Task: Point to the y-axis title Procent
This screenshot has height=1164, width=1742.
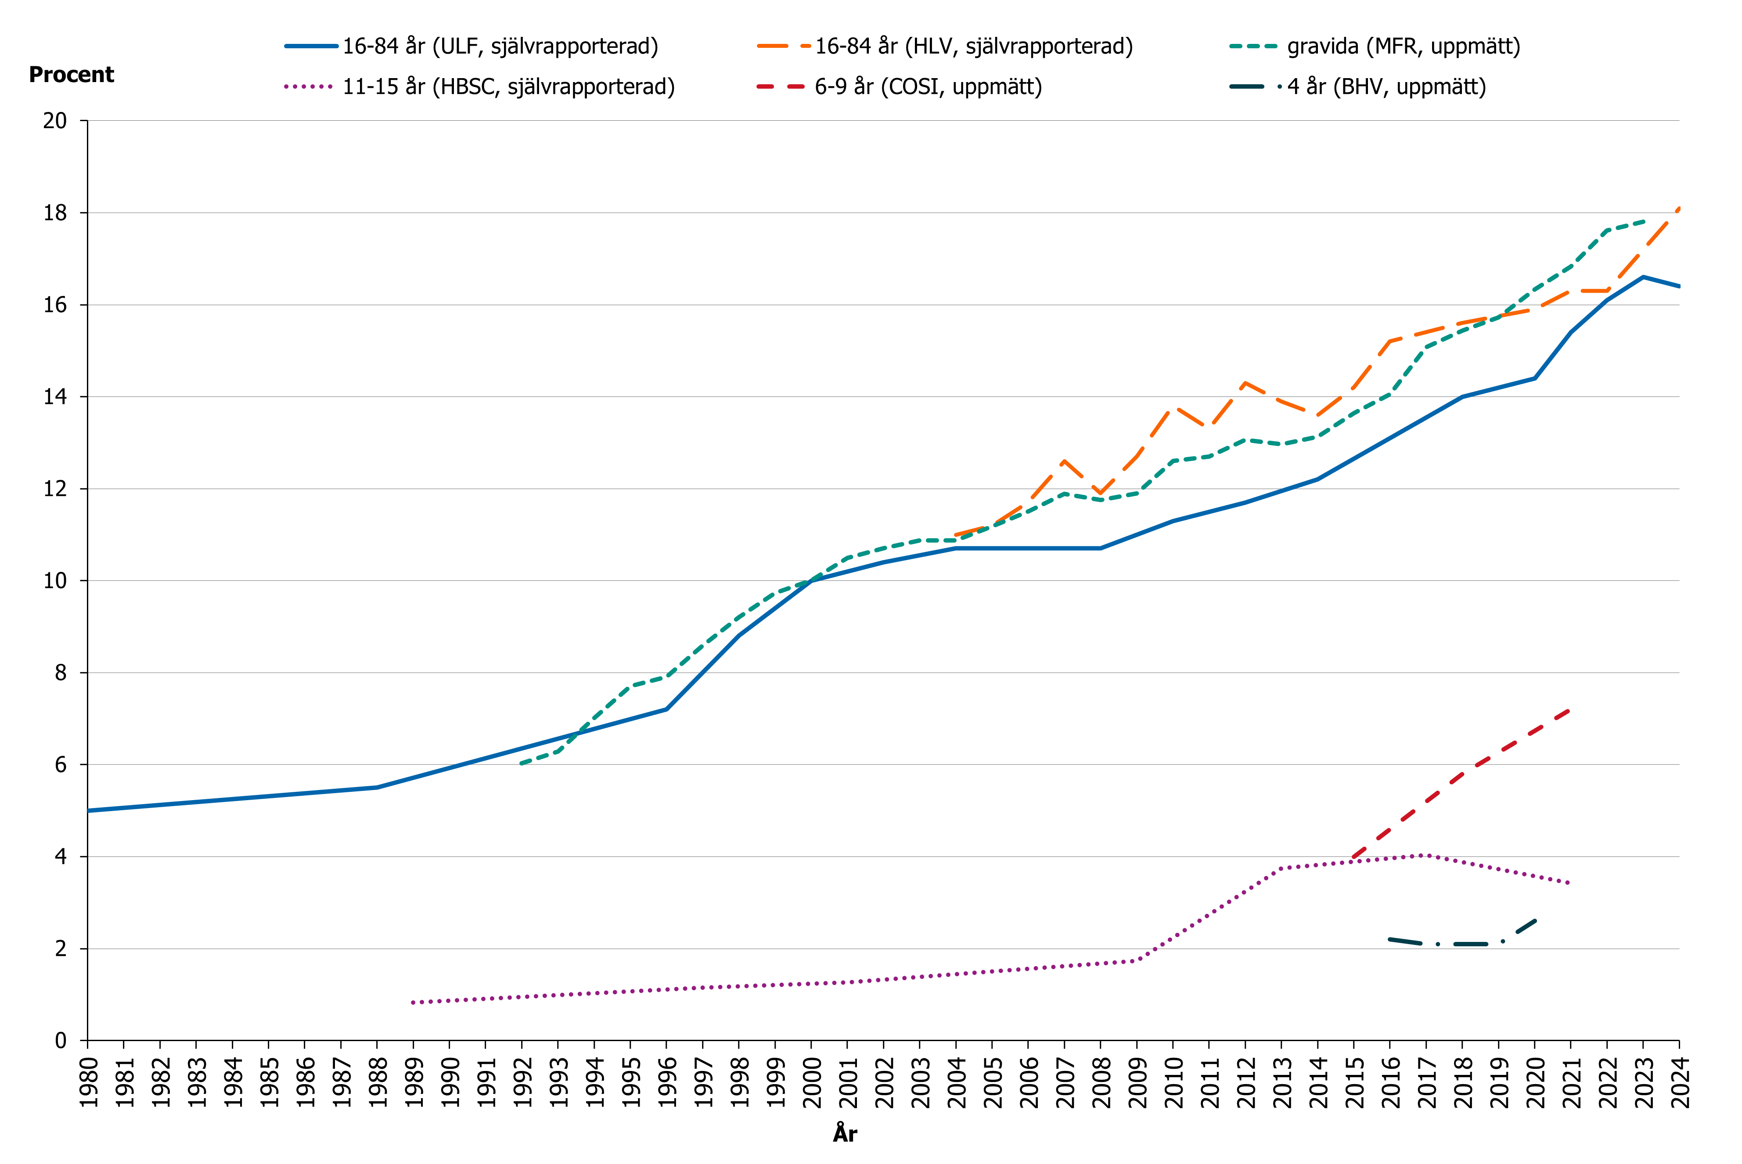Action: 71,75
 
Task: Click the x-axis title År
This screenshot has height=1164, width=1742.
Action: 845,1134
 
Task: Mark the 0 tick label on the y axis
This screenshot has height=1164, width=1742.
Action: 61,1041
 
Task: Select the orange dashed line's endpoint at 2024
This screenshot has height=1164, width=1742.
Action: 1678,208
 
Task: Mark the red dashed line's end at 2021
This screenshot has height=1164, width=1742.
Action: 1570,710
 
